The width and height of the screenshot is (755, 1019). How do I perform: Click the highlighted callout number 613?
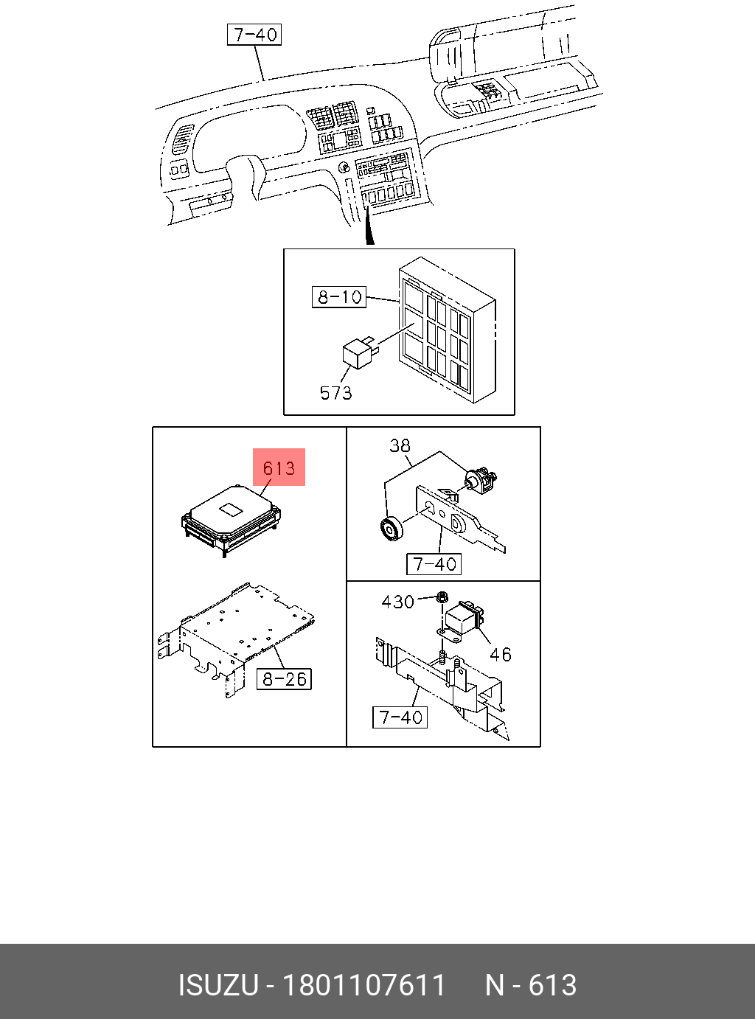point(279,467)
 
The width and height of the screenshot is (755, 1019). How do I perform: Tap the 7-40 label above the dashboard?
point(254,35)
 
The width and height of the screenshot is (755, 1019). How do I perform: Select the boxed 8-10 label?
point(339,297)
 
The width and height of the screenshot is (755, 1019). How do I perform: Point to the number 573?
point(335,393)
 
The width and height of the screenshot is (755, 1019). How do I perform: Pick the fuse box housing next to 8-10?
point(445,331)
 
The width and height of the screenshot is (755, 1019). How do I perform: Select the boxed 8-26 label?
point(284,679)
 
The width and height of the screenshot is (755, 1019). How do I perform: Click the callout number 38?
point(400,445)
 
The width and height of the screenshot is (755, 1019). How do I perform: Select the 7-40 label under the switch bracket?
point(434,564)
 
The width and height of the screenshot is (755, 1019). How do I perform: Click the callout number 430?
point(397,602)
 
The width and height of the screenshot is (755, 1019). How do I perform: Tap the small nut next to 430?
point(442,597)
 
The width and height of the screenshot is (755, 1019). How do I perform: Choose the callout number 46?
point(501,654)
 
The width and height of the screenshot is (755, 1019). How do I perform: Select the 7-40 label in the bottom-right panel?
point(400,717)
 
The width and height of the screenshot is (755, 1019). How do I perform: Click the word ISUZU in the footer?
point(218,986)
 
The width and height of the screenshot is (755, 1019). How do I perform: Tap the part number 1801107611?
point(365,986)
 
